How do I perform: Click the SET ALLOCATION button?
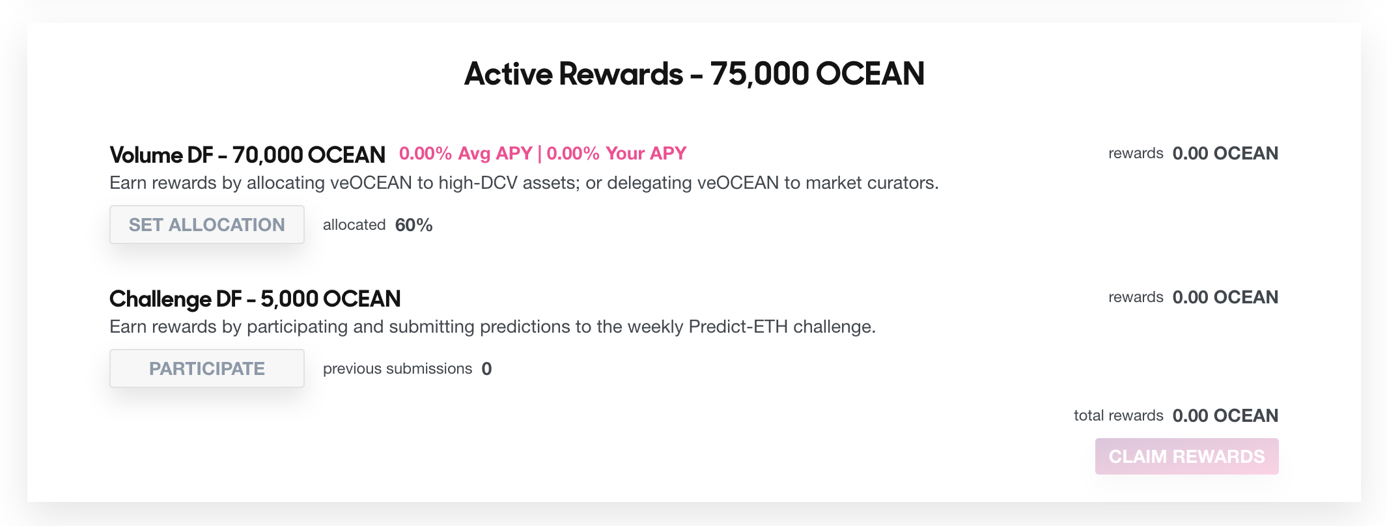point(207,225)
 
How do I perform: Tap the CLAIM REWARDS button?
point(1186,456)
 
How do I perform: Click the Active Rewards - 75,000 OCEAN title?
point(694,74)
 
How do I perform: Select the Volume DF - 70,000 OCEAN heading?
point(247,155)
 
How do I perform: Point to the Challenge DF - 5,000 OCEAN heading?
point(255,299)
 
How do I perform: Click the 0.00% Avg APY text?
point(466,154)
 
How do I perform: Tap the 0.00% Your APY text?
point(616,154)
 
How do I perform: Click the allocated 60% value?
point(413,225)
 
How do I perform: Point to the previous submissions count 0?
point(486,369)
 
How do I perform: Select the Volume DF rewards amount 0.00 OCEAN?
point(1226,154)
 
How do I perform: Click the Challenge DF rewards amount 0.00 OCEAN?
point(1226,298)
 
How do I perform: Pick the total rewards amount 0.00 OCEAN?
point(1226,416)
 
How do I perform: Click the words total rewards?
point(1118,416)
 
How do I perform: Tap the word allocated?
point(354,225)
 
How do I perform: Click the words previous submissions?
point(397,369)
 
